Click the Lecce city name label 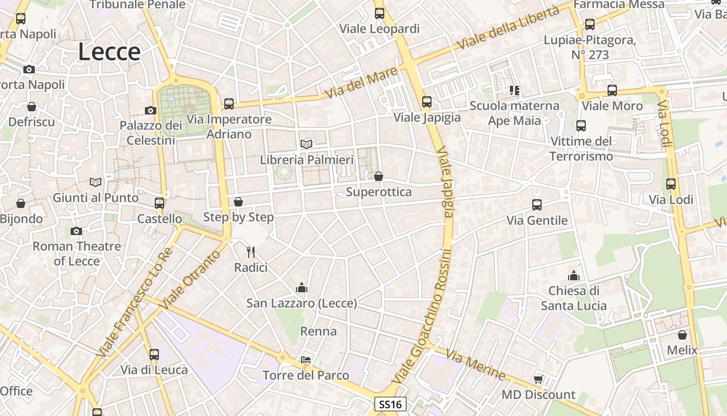[110, 52]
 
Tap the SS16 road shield [390, 404]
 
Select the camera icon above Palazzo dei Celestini [151, 110]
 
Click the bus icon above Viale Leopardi [380, 14]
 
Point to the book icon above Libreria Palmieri [307, 144]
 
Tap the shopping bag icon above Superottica [379, 176]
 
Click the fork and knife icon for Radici [251, 252]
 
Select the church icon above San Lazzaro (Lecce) [302, 288]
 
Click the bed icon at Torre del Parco [306, 360]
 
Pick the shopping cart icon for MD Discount [538, 379]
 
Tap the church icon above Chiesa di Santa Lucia [574, 275]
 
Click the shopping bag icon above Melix [682, 335]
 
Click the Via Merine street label [475, 365]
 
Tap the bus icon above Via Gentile [537, 205]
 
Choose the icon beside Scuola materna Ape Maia [515, 90]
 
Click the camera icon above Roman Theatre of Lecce [76, 231]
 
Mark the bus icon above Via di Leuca [154, 355]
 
